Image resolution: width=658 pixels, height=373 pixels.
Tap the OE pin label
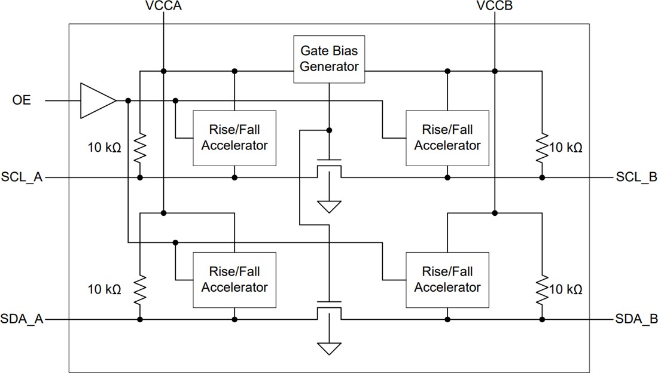pos(22,100)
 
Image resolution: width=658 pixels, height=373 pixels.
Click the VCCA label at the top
pos(163,7)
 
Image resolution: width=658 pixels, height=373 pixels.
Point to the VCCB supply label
pos(495,7)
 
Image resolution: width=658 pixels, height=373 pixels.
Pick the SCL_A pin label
pos(22,178)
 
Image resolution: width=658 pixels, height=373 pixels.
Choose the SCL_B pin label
pos(636,178)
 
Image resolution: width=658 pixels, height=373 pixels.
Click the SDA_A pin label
pos(22,320)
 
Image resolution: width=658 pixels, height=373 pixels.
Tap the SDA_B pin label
pos(636,320)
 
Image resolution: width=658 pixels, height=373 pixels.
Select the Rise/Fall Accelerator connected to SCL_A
pos(234,137)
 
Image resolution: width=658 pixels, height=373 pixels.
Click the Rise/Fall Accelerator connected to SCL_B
pos(447,137)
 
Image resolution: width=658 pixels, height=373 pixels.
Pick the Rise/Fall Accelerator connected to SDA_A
pos(234,280)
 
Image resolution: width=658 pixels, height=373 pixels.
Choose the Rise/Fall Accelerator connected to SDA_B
pos(447,280)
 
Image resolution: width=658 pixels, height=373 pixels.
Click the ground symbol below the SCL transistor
pos(329,207)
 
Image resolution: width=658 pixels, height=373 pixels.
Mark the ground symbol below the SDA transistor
pos(329,348)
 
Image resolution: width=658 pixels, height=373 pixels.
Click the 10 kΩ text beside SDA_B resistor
pos(565,289)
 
